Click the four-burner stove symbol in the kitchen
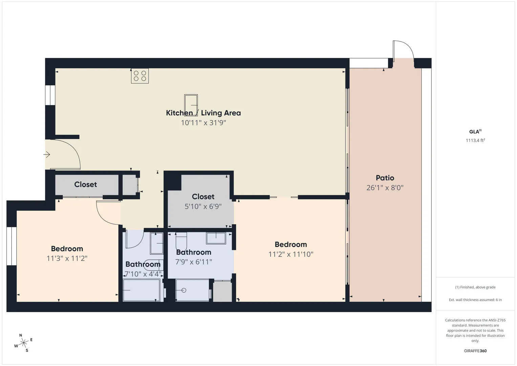point(140,76)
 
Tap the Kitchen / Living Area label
point(203,113)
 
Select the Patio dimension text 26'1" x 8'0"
point(385,187)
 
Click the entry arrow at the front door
point(47,154)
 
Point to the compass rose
point(24,343)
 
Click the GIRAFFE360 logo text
point(475,351)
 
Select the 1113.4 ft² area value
point(475,140)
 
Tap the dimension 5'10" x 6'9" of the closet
point(203,206)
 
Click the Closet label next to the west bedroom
point(85,184)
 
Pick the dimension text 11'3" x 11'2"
point(67,258)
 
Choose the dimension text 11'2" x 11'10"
point(291,254)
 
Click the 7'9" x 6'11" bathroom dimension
point(194,262)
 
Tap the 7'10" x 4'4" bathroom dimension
point(143,274)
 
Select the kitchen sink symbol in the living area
point(191,105)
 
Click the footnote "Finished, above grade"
point(475,287)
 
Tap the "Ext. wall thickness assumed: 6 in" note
point(475,300)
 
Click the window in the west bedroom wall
point(12,246)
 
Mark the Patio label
point(385,178)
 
